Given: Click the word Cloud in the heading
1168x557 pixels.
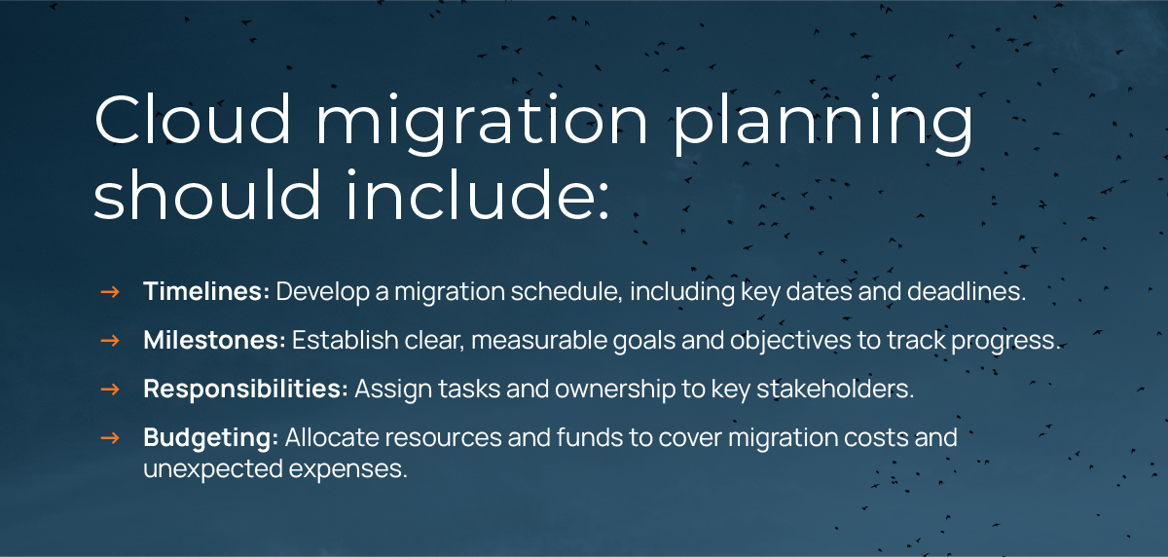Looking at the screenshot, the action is [192, 119].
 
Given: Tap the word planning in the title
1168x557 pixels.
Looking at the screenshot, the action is [823, 124].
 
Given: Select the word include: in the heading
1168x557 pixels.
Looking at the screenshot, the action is [477, 194].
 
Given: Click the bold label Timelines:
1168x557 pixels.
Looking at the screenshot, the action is [206, 291].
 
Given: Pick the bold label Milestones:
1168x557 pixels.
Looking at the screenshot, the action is [215, 340].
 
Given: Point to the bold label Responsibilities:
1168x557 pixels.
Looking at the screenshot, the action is [245, 390].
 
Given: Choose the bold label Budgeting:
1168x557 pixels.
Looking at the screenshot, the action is [210, 438].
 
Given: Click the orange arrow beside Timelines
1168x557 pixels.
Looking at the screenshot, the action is [110, 292].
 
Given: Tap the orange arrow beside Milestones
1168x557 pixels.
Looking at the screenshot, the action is [110, 341].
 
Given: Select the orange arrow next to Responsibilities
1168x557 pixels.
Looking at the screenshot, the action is [110, 390].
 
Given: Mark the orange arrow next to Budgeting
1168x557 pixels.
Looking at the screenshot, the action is [110, 438].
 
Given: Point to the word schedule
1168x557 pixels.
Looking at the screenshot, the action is [566, 291].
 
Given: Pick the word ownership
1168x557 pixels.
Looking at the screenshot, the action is [615, 390].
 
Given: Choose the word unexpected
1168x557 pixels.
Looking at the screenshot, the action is [213, 469].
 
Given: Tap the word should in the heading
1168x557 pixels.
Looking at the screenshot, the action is [206, 194].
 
